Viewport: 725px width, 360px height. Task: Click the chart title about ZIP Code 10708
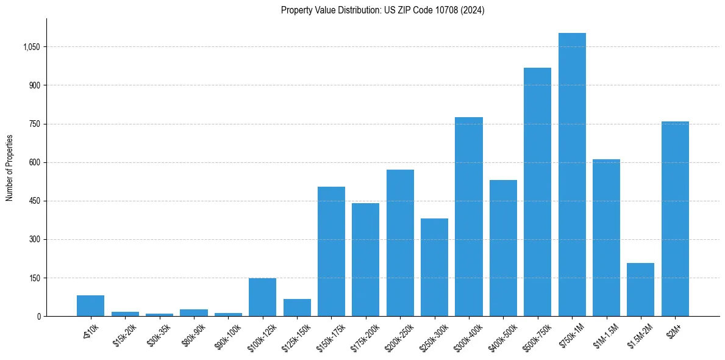[x=382, y=10]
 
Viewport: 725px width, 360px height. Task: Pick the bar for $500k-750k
[x=537, y=192]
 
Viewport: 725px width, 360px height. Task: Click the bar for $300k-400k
[x=468, y=217]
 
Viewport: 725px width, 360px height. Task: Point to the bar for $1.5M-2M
[x=640, y=289]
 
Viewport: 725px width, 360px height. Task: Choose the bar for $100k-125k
[x=262, y=297]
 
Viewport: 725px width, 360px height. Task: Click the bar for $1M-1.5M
[x=606, y=237]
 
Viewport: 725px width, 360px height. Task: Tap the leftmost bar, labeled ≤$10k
[x=90, y=306]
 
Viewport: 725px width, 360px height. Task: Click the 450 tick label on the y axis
[x=34, y=201]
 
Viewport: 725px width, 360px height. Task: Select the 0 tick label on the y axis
[x=38, y=317]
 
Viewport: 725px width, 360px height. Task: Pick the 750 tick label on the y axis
[x=34, y=124]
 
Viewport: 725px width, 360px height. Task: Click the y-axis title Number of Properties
[x=10, y=167]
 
